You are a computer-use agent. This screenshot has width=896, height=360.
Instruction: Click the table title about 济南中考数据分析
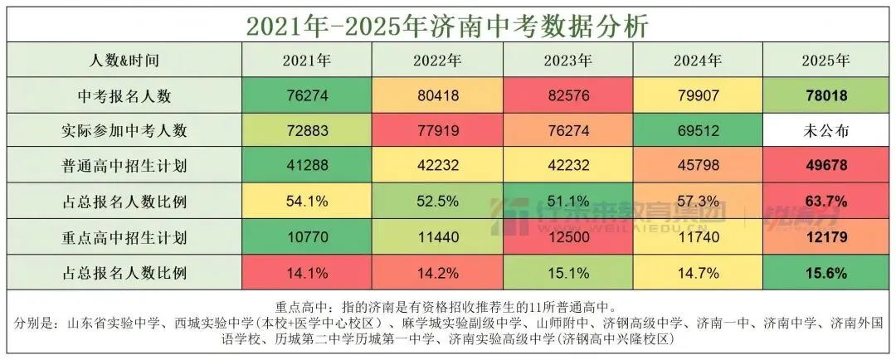click(x=447, y=24)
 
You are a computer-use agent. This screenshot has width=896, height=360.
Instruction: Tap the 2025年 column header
click(x=825, y=61)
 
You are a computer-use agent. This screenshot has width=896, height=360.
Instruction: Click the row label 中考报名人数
click(x=124, y=95)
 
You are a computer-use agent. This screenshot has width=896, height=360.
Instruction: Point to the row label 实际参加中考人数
click(x=124, y=130)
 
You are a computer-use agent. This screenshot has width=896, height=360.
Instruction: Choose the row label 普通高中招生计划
click(x=124, y=166)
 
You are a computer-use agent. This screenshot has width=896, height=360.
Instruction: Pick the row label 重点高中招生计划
click(x=124, y=237)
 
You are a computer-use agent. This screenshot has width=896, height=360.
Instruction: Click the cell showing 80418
click(x=437, y=95)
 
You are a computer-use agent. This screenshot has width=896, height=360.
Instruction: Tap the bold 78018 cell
click(x=825, y=95)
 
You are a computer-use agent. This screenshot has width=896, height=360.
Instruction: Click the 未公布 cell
click(x=825, y=130)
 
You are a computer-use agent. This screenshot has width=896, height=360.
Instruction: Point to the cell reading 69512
click(x=698, y=130)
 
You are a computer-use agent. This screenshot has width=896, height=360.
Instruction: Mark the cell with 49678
click(x=825, y=166)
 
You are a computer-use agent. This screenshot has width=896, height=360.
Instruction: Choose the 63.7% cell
click(x=825, y=202)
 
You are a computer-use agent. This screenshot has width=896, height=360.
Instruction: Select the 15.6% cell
click(x=825, y=272)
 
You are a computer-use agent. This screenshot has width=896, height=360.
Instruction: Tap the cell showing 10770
click(x=306, y=237)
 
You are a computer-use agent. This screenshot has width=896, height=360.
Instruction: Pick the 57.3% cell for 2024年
click(x=698, y=202)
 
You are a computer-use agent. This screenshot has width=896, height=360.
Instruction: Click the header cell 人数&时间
click(x=124, y=61)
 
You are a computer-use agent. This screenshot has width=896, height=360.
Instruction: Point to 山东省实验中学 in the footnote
click(x=109, y=323)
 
